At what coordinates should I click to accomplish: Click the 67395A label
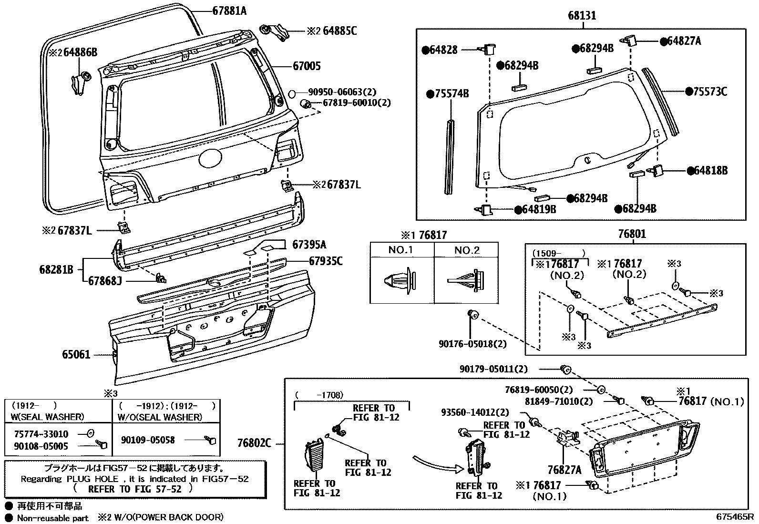(309, 245)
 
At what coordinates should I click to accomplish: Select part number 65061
(76, 355)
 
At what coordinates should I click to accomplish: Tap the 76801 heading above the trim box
(632, 234)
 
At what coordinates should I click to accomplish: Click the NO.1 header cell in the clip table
(400, 250)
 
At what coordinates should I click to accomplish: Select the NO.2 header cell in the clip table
(467, 250)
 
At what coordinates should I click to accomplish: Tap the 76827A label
(564, 470)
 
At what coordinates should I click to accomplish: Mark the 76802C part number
(254, 443)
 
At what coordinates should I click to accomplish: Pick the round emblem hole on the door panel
(210, 158)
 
